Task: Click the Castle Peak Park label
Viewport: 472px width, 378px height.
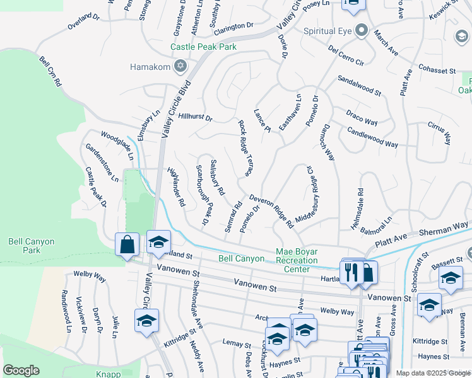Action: pyautogui.click(x=203, y=47)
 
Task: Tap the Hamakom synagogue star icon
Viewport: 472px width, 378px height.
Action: pyautogui.click(x=180, y=66)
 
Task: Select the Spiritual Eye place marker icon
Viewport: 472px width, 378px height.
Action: pyautogui.click(x=361, y=30)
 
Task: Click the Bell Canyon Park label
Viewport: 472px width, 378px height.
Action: pyautogui.click(x=32, y=246)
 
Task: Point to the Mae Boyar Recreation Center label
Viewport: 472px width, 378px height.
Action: pyautogui.click(x=297, y=260)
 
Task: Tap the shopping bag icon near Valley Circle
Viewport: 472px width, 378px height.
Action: pyautogui.click(x=127, y=245)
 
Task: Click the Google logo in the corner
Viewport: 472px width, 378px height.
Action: pyautogui.click(x=21, y=370)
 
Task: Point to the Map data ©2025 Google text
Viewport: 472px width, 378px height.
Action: pyautogui.click(x=433, y=373)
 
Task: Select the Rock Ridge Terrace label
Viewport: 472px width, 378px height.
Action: pyautogui.click(x=245, y=147)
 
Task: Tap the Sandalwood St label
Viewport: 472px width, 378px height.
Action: pyautogui.click(x=359, y=86)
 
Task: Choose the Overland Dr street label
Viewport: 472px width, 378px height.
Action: pyautogui.click(x=84, y=24)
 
